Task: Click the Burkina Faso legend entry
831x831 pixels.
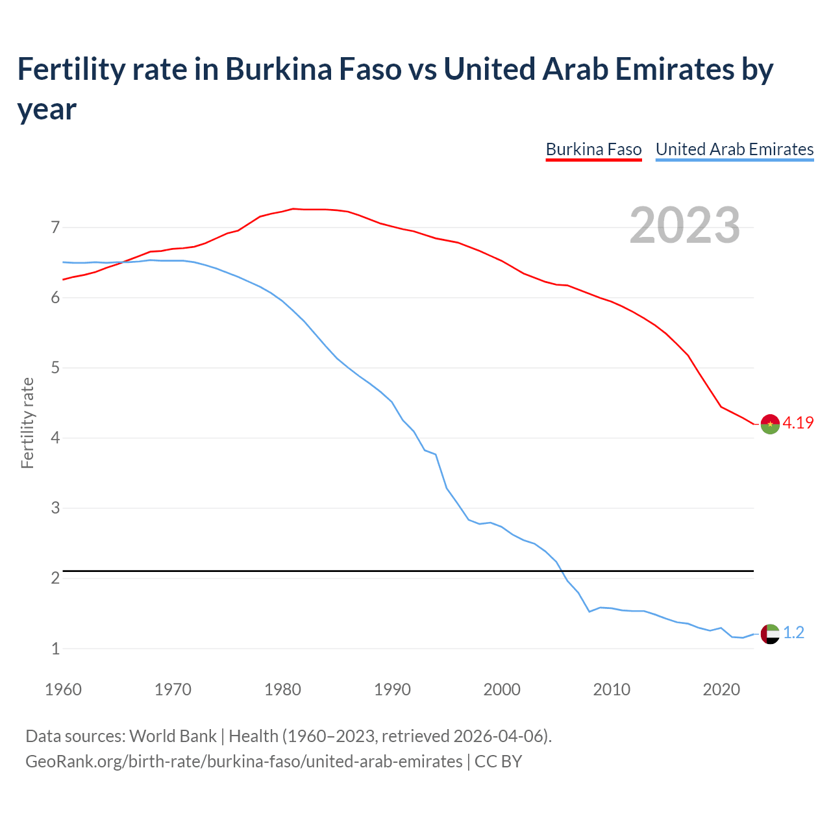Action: (593, 149)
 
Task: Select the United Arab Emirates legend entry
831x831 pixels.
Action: (734, 149)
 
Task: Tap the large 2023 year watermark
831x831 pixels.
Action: (685, 225)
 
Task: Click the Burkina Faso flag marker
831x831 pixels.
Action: (770, 423)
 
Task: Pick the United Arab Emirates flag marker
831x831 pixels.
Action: (770, 633)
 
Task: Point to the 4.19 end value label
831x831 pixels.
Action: (798, 423)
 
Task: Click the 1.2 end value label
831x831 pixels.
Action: (793, 632)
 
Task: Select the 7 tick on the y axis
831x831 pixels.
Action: (55, 227)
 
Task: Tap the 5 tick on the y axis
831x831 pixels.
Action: (55, 367)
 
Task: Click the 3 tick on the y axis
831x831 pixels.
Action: (55, 508)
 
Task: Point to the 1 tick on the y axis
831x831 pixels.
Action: (55, 648)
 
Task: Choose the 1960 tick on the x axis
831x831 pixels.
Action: (63, 689)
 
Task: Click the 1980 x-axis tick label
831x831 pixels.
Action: (282, 689)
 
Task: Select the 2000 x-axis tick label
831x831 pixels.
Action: (502, 689)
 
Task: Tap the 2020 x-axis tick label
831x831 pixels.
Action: (721, 689)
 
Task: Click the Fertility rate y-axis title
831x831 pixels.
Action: (27, 423)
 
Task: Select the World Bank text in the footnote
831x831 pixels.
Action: (173, 736)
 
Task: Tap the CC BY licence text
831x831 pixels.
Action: (498, 761)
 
